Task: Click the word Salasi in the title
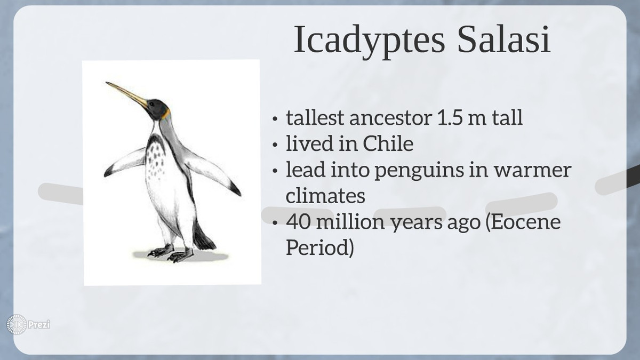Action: (503, 39)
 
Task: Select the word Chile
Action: (388, 143)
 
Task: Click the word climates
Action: (325, 195)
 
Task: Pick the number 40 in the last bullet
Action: (298, 222)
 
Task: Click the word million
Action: (350, 222)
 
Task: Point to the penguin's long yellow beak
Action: (126, 94)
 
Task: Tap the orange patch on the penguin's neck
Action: (166, 114)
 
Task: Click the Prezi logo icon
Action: (17, 324)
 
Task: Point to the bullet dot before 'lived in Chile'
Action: (275, 145)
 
